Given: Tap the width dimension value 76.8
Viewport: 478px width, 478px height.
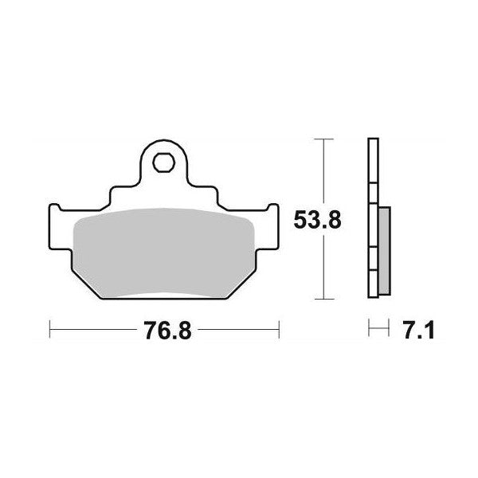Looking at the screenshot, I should point(165,328).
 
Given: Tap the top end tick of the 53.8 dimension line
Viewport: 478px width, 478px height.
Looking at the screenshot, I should point(321,139).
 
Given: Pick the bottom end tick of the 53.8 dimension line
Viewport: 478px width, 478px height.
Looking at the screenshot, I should point(321,300).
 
